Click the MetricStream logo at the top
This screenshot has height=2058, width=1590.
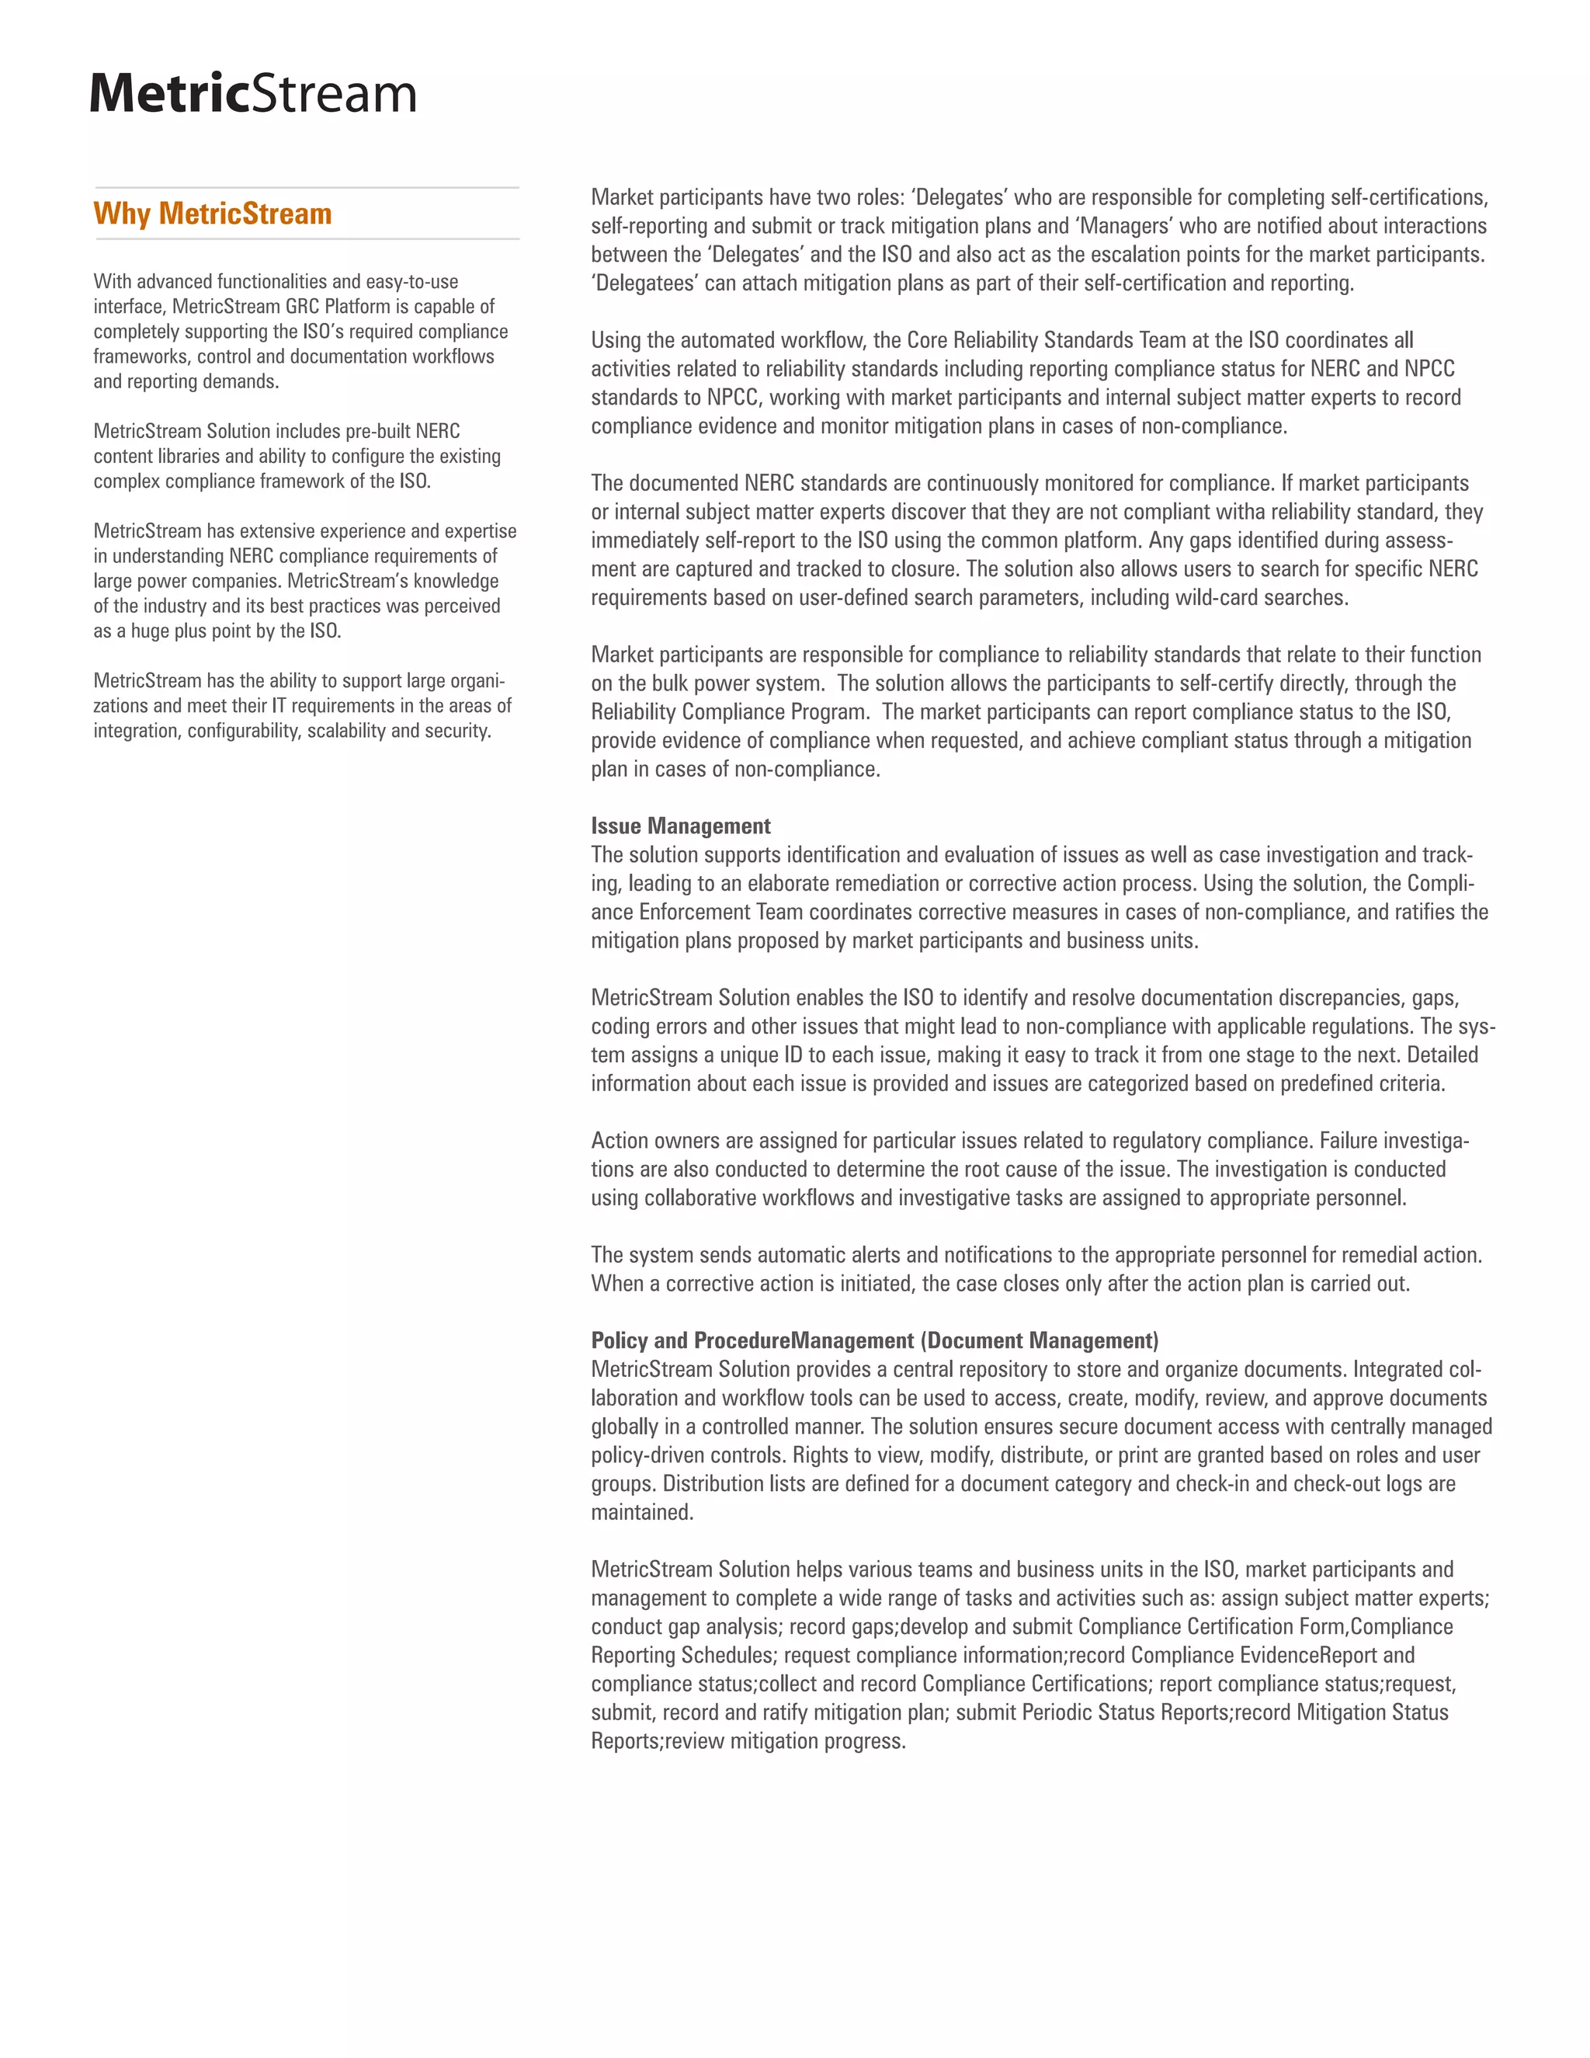[252, 93]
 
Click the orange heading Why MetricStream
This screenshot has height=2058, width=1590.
[212, 214]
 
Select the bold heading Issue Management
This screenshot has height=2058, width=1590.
[680, 826]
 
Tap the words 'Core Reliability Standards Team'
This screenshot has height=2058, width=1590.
[1046, 340]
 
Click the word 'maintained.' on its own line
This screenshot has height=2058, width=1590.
[641, 1512]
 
